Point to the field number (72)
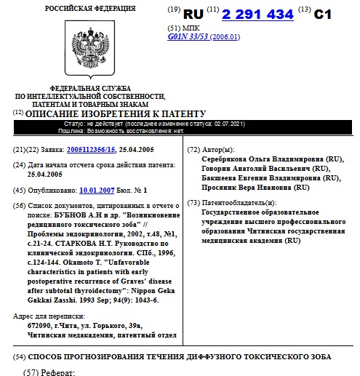pos(193,149)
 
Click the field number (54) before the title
pos(19,356)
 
